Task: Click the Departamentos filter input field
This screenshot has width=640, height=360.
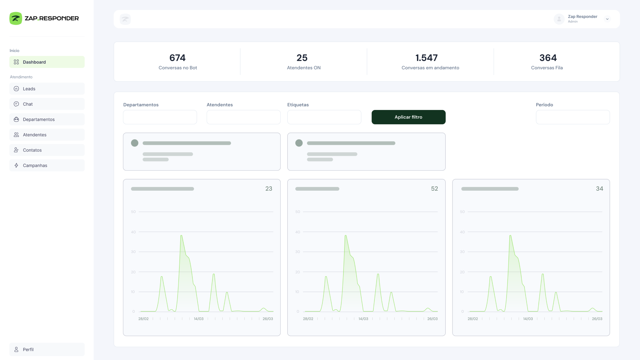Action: (160, 117)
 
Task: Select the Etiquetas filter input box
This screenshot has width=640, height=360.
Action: (324, 117)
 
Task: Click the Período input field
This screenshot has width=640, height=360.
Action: (573, 117)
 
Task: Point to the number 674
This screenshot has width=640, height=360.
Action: (177, 58)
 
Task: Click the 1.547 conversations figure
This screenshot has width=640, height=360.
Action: (426, 58)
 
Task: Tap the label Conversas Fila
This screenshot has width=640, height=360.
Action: (547, 68)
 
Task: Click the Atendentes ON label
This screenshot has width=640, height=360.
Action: (304, 68)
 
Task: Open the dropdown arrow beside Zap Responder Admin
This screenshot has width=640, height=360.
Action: (607, 19)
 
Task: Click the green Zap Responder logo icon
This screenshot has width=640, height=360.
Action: (16, 19)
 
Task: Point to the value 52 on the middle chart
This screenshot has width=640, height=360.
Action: (434, 188)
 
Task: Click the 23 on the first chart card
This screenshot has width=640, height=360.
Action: (269, 188)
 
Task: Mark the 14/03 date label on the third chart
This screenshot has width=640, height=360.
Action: (528, 319)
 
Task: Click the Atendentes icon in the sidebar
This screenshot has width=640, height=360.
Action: (16, 135)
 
